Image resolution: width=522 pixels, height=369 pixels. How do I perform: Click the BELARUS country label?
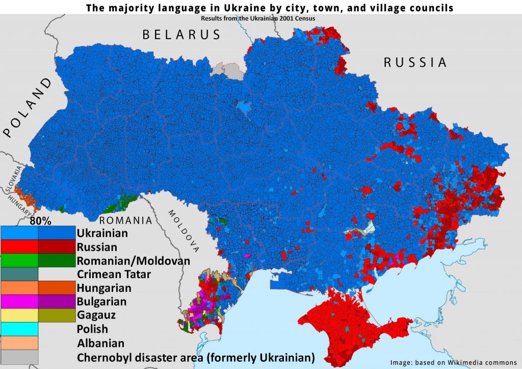pyautogui.click(x=181, y=35)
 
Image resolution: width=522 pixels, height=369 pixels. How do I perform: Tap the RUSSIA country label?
pyautogui.click(x=415, y=63)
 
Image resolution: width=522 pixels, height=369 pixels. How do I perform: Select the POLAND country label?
pyautogui.click(x=28, y=108)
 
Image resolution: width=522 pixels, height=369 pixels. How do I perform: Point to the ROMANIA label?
pyautogui.click(x=125, y=221)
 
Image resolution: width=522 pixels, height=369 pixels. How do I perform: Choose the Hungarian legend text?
pyautogui.click(x=104, y=288)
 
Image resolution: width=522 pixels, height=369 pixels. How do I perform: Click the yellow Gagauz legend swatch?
pyautogui.click(x=19, y=315)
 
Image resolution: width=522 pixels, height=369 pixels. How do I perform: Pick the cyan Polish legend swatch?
pyautogui.click(x=19, y=329)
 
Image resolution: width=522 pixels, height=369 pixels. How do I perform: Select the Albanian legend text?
pyautogui.click(x=100, y=342)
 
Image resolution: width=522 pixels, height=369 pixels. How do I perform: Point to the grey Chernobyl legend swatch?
pyautogui.click(x=19, y=356)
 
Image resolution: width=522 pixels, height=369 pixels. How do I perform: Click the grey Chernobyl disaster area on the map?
pyautogui.click(x=226, y=70)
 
